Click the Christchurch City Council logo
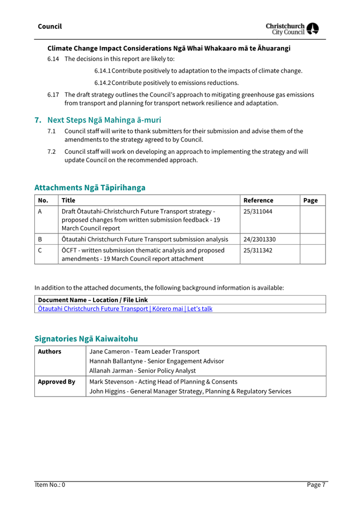292,29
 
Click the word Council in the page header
50,27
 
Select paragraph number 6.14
53,59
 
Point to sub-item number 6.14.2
102,83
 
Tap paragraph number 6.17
53,95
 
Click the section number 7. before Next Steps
38,120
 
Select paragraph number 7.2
52,152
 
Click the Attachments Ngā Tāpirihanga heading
90,188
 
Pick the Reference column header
258,201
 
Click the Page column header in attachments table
310,201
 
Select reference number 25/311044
258,212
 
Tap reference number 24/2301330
259,239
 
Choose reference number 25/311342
258,250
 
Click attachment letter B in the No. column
40,239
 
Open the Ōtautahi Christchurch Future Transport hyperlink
125,309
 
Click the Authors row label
49,351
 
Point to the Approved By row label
57,382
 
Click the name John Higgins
107,391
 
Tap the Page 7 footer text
316,485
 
